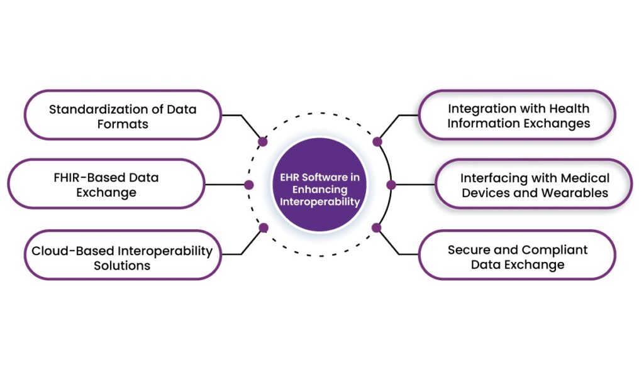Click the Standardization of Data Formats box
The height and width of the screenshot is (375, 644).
pos(123,116)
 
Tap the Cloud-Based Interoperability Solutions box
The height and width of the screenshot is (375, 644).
pos(123,258)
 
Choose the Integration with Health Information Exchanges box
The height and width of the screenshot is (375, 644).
pos(518,116)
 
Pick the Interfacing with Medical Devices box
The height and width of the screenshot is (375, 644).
pos(534,184)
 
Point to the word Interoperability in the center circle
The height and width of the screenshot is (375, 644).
pos(320,202)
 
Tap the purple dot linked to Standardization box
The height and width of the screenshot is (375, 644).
pos(264,142)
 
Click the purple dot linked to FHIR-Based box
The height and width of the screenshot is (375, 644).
pos(249,185)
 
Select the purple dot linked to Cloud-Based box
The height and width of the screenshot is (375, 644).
pos(264,227)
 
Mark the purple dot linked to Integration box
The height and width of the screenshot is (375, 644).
pos(377,142)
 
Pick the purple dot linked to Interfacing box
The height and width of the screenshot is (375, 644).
pos(391,185)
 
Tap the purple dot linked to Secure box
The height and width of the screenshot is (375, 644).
pos(377,227)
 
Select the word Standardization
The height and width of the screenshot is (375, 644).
pos(91,109)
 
